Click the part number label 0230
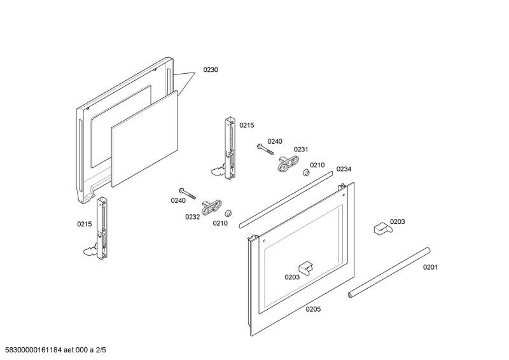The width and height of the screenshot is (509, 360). [x=211, y=70]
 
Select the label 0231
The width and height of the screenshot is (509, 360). [x=301, y=149]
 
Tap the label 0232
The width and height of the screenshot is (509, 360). [x=193, y=217]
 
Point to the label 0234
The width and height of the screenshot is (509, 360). [x=344, y=169]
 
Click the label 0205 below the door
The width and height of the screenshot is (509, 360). [x=313, y=309]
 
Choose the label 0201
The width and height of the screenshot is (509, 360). [x=430, y=267]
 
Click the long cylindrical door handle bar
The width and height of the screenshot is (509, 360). [x=389, y=273]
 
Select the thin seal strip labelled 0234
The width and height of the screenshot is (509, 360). [x=286, y=200]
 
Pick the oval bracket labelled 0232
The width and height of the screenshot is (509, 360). [x=212, y=207]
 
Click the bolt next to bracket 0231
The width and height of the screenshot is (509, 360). [x=265, y=149]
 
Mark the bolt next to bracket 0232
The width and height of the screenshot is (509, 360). [x=187, y=193]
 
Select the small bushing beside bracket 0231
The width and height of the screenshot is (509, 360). [x=306, y=172]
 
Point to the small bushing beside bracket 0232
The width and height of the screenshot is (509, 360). [x=228, y=213]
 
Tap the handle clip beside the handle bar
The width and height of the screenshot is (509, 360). [x=383, y=228]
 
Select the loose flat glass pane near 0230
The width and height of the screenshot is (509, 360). [x=144, y=139]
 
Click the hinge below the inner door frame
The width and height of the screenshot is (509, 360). [x=99, y=229]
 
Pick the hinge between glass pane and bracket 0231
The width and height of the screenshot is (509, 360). [x=227, y=149]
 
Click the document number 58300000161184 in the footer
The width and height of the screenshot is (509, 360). [x=31, y=350]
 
